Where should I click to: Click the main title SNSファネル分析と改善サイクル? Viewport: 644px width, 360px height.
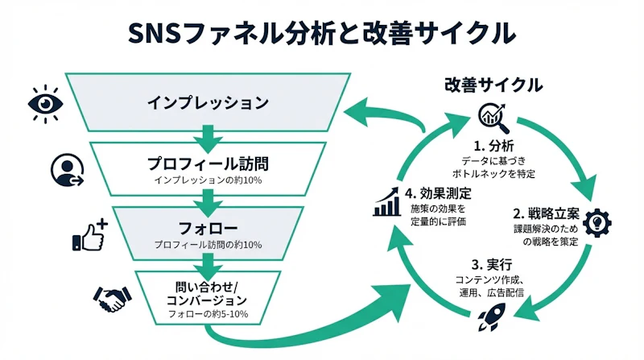(x=322, y=33)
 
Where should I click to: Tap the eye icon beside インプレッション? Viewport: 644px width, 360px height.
(x=45, y=102)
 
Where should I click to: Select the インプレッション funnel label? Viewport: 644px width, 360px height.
(x=207, y=103)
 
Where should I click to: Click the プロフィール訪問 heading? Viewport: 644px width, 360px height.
(x=208, y=163)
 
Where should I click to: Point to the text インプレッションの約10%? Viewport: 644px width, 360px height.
(x=208, y=180)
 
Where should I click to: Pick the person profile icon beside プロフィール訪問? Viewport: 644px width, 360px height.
(x=67, y=169)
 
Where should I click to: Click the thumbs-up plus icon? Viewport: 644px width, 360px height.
(x=89, y=234)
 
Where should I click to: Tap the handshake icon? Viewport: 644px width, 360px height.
(x=113, y=299)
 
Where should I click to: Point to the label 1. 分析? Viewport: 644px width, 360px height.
(x=493, y=146)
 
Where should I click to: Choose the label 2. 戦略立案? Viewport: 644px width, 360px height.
(x=543, y=214)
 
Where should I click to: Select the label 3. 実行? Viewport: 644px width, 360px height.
(x=493, y=265)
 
